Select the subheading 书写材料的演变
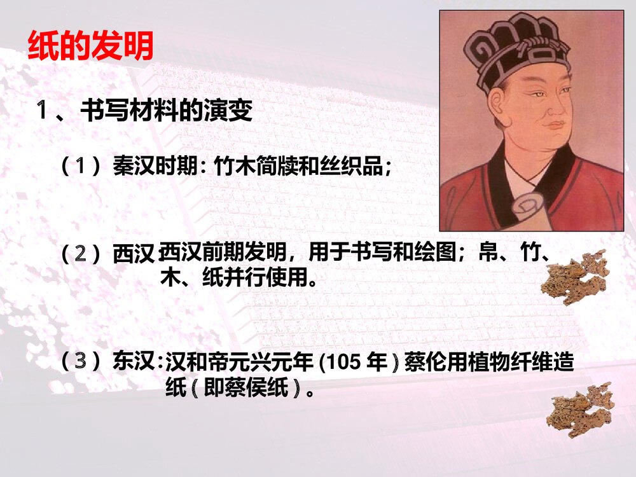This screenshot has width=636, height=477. (x=166, y=112)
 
